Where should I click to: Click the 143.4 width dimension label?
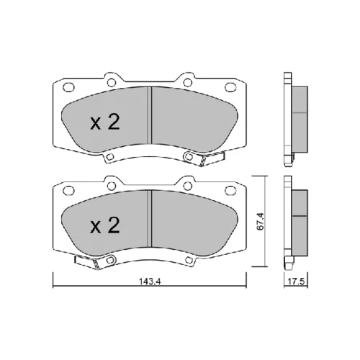(x=150, y=282)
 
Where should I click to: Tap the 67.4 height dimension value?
(x=261, y=222)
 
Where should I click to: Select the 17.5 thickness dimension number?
(x=296, y=282)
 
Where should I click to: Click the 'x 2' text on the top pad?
(x=105, y=122)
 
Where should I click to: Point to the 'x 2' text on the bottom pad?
(x=105, y=225)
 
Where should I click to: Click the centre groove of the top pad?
(x=149, y=116)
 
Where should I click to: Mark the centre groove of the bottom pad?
(x=149, y=218)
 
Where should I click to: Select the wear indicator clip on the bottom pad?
(x=88, y=262)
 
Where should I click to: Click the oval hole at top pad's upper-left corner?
(x=68, y=87)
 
